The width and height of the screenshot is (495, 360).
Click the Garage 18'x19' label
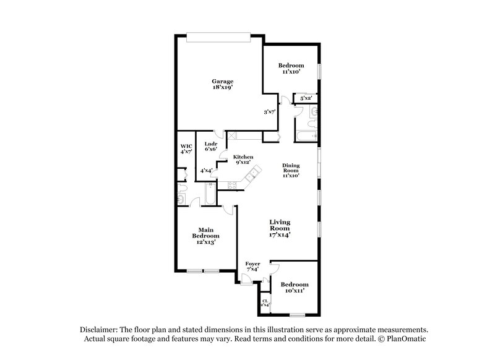click(x=222, y=84)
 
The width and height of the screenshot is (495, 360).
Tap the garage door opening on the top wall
click(x=218, y=38)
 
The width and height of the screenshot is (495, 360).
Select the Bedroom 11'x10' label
click(x=290, y=69)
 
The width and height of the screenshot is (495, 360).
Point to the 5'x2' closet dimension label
click(x=306, y=98)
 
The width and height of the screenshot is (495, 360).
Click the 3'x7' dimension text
click(x=269, y=112)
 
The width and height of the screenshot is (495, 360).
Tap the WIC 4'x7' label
click(x=186, y=148)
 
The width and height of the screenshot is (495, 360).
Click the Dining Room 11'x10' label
click(x=291, y=170)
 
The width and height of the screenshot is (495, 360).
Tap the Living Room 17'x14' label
click(x=280, y=228)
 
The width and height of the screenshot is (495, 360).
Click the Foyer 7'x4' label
click(x=253, y=267)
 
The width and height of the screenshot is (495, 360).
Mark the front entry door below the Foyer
click(x=247, y=280)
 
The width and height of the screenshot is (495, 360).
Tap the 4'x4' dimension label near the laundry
click(x=207, y=170)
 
